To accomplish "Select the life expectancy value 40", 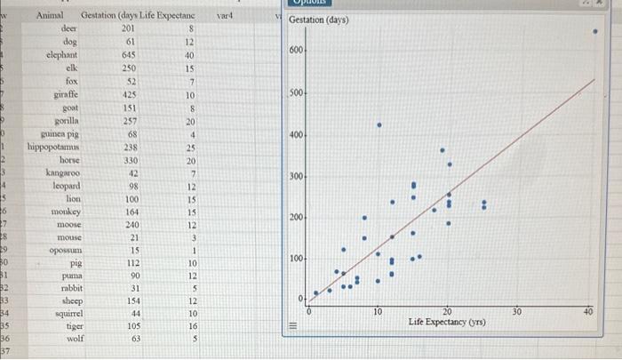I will tap(189, 54).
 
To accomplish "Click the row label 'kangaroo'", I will tap(61, 172).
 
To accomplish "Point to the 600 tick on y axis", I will tap(296, 51).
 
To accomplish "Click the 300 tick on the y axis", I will tap(296, 177).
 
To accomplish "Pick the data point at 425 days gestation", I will tap(379, 125).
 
